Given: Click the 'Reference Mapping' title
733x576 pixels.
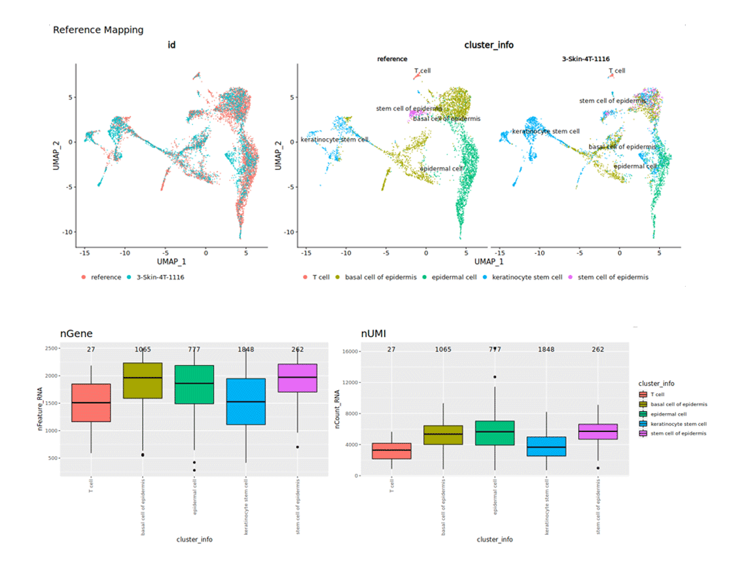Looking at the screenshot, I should (98, 29).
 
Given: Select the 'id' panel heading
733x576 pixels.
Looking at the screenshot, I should (171, 45).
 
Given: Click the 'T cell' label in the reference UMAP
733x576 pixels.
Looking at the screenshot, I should (422, 71).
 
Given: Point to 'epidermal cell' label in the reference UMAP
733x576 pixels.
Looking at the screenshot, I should (442, 168).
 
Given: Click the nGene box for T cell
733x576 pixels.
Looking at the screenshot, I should (91, 403).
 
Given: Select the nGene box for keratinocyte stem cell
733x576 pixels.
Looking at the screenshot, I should (246, 401).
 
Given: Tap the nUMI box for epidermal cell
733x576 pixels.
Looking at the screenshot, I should (495, 433).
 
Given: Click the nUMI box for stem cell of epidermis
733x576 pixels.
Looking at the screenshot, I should (598, 431).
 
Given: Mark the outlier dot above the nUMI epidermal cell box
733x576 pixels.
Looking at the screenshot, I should (495, 377).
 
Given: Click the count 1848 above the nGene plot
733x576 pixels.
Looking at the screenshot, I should (246, 350).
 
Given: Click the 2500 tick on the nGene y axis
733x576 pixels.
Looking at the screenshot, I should (50, 348).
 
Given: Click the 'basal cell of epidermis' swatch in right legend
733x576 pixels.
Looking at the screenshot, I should (643, 405).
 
